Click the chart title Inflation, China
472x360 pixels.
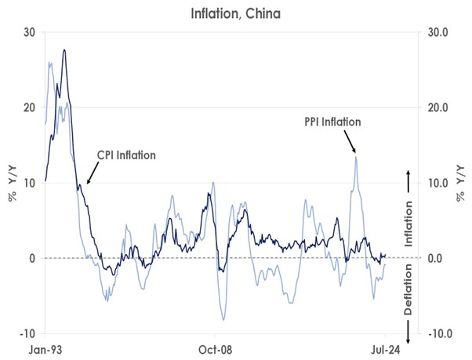236,14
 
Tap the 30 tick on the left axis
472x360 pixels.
30,32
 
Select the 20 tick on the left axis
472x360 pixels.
30,107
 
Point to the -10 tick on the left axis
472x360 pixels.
27,334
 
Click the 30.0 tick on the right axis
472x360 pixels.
438,32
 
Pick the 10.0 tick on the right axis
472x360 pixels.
438,183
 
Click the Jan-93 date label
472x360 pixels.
45,350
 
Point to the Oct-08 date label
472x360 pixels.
216,350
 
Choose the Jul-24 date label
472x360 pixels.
386,350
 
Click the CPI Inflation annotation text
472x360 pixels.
126,155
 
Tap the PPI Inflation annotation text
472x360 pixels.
332,122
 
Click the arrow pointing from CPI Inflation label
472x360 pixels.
93,173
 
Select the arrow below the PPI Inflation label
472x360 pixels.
350,141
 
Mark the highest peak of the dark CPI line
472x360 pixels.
64,50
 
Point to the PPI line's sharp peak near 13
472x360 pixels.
356,157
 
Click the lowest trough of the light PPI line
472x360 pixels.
223,320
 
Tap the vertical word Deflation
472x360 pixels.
408,289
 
